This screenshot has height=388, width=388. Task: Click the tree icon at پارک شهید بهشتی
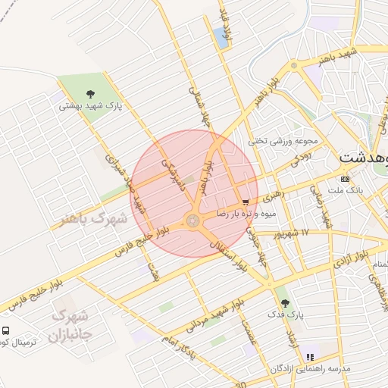click(91, 95)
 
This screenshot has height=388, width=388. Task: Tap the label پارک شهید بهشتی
click(91, 108)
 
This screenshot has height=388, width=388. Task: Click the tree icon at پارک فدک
click(285, 302)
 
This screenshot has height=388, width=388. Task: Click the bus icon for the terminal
click(6, 331)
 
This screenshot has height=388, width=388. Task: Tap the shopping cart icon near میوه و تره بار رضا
click(245, 202)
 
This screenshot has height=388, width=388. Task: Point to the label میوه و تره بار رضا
click(239, 215)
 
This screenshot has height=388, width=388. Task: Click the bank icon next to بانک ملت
click(346, 179)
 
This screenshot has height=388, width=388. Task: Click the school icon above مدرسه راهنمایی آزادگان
click(309, 356)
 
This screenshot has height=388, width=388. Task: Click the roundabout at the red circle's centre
click(192, 221)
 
